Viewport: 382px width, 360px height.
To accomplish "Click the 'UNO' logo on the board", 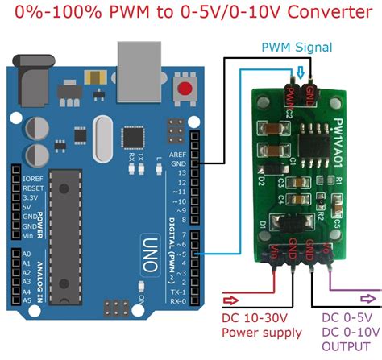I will click(x=147, y=240).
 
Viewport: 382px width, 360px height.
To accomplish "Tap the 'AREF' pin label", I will click(x=178, y=155).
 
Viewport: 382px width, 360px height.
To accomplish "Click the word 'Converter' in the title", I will click(x=330, y=14).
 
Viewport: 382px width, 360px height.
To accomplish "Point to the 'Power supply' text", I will click(x=262, y=333).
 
